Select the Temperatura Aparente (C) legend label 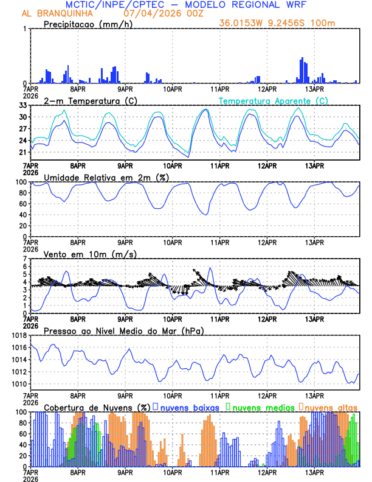[273, 100]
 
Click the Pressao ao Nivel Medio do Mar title [123, 330]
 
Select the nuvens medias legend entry [260, 407]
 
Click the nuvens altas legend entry [330, 407]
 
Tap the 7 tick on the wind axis [26, 259]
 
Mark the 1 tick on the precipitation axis [26, 29]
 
